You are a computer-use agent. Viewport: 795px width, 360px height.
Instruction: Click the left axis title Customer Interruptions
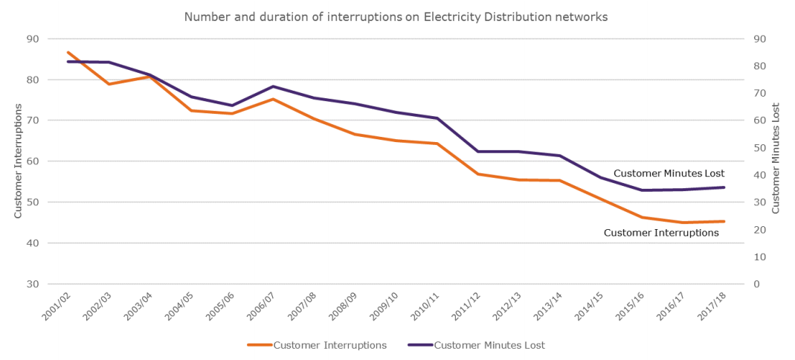click(x=18, y=161)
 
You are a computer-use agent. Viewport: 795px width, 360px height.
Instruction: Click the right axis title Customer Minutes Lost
click(x=776, y=158)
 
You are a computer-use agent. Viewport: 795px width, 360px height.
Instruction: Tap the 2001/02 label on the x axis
click(x=55, y=306)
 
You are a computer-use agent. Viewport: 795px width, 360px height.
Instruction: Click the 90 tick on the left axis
click(x=33, y=39)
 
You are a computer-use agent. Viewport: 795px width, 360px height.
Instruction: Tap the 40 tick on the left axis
click(x=33, y=243)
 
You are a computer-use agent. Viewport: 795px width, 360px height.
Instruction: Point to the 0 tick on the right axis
click(x=756, y=284)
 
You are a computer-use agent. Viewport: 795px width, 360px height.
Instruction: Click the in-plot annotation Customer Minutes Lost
click(x=669, y=173)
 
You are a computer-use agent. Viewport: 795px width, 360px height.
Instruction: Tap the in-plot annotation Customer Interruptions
click(x=661, y=233)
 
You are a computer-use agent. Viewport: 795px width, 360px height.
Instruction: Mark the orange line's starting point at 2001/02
click(x=68, y=52)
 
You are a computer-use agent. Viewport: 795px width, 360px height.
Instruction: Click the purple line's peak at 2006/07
click(x=273, y=86)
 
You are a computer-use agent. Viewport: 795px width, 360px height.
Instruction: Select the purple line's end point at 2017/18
click(x=724, y=187)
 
